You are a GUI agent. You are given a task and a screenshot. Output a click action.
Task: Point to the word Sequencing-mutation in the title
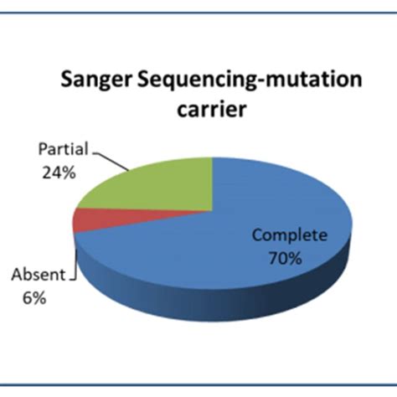point(250,81)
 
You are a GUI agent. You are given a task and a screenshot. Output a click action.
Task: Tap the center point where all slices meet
point(213,210)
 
